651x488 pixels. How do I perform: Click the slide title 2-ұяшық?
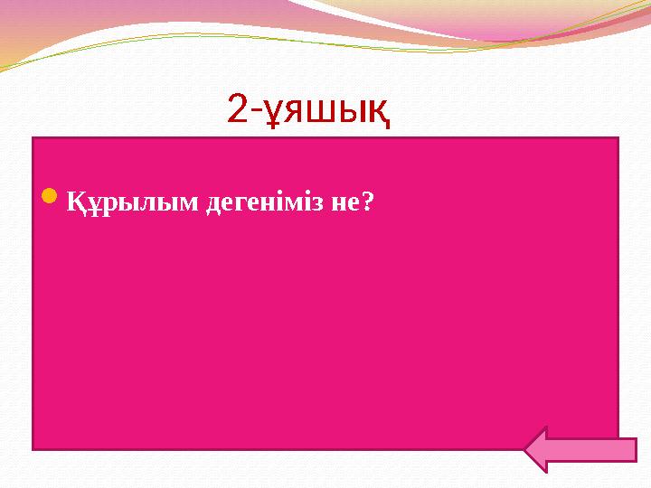[x=308, y=110]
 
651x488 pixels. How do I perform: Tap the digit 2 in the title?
[x=237, y=109]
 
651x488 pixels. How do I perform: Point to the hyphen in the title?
[x=254, y=111]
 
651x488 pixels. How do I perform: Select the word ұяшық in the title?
[x=325, y=112]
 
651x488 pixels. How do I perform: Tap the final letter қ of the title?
[x=380, y=113]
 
